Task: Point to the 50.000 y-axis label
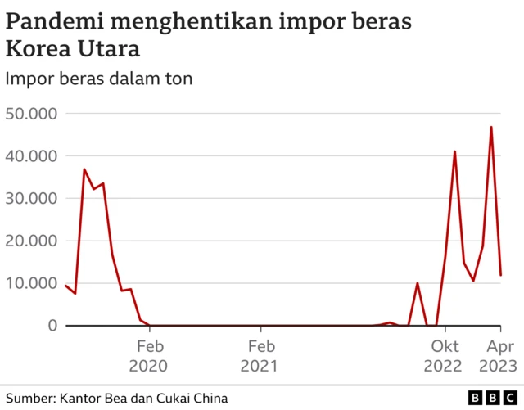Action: click(30, 113)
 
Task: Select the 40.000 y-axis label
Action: click(30, 155)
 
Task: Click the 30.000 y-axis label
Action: click(30, 198)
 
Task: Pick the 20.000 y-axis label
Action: click(30, 241)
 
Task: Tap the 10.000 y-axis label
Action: click(30, 283)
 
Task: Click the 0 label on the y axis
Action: click(52, 326)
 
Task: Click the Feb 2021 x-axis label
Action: click(261, 355)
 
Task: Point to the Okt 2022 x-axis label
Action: click(446, 355)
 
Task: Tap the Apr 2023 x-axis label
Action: click(496, 355)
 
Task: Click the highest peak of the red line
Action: click(491, 127)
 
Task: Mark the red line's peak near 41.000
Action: click(454, 151)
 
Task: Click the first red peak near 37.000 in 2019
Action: click(84, 169)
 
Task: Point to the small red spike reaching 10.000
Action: click(418, 283)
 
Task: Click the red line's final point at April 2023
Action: click(500, 275)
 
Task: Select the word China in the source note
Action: click(208, 398)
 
